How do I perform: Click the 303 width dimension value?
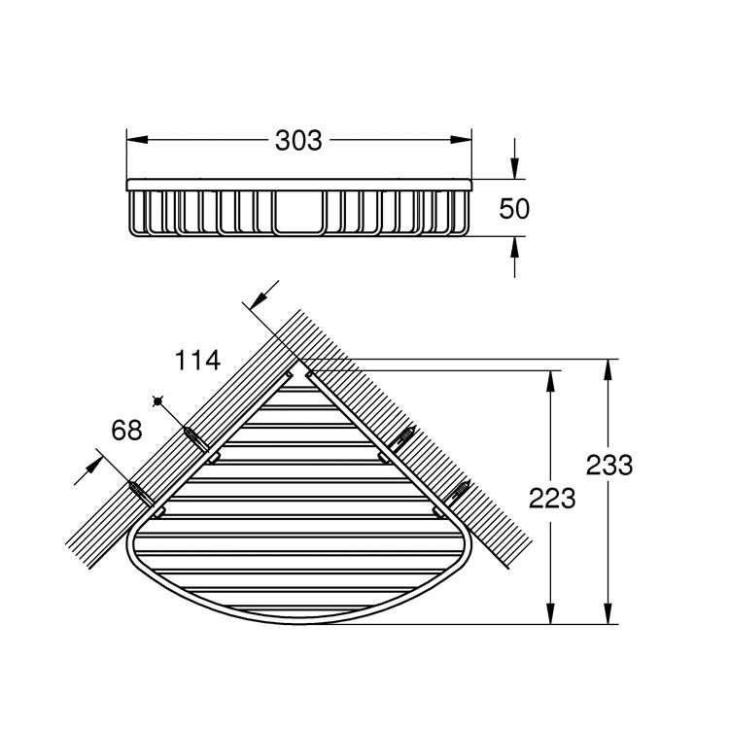[x=298, y=140]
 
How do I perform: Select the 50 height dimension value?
[x=513, y=207]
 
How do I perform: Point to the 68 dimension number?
[x=127, y=429]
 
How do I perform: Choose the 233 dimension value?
[x=609, y=465]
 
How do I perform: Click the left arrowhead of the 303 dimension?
[x=135, y=140]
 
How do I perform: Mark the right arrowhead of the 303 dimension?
[x=464, y=140]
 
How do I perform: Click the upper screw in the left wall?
[x=195, y=437]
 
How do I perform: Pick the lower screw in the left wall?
[x=141, y=493]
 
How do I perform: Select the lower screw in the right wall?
[x=458, y=492]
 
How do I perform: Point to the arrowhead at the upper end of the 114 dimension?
[x=258, y=299]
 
